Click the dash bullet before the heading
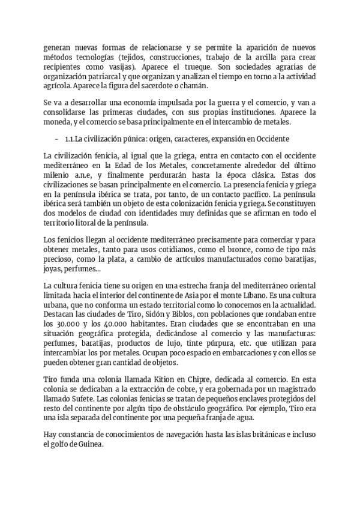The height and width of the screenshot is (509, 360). click(56, 139)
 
